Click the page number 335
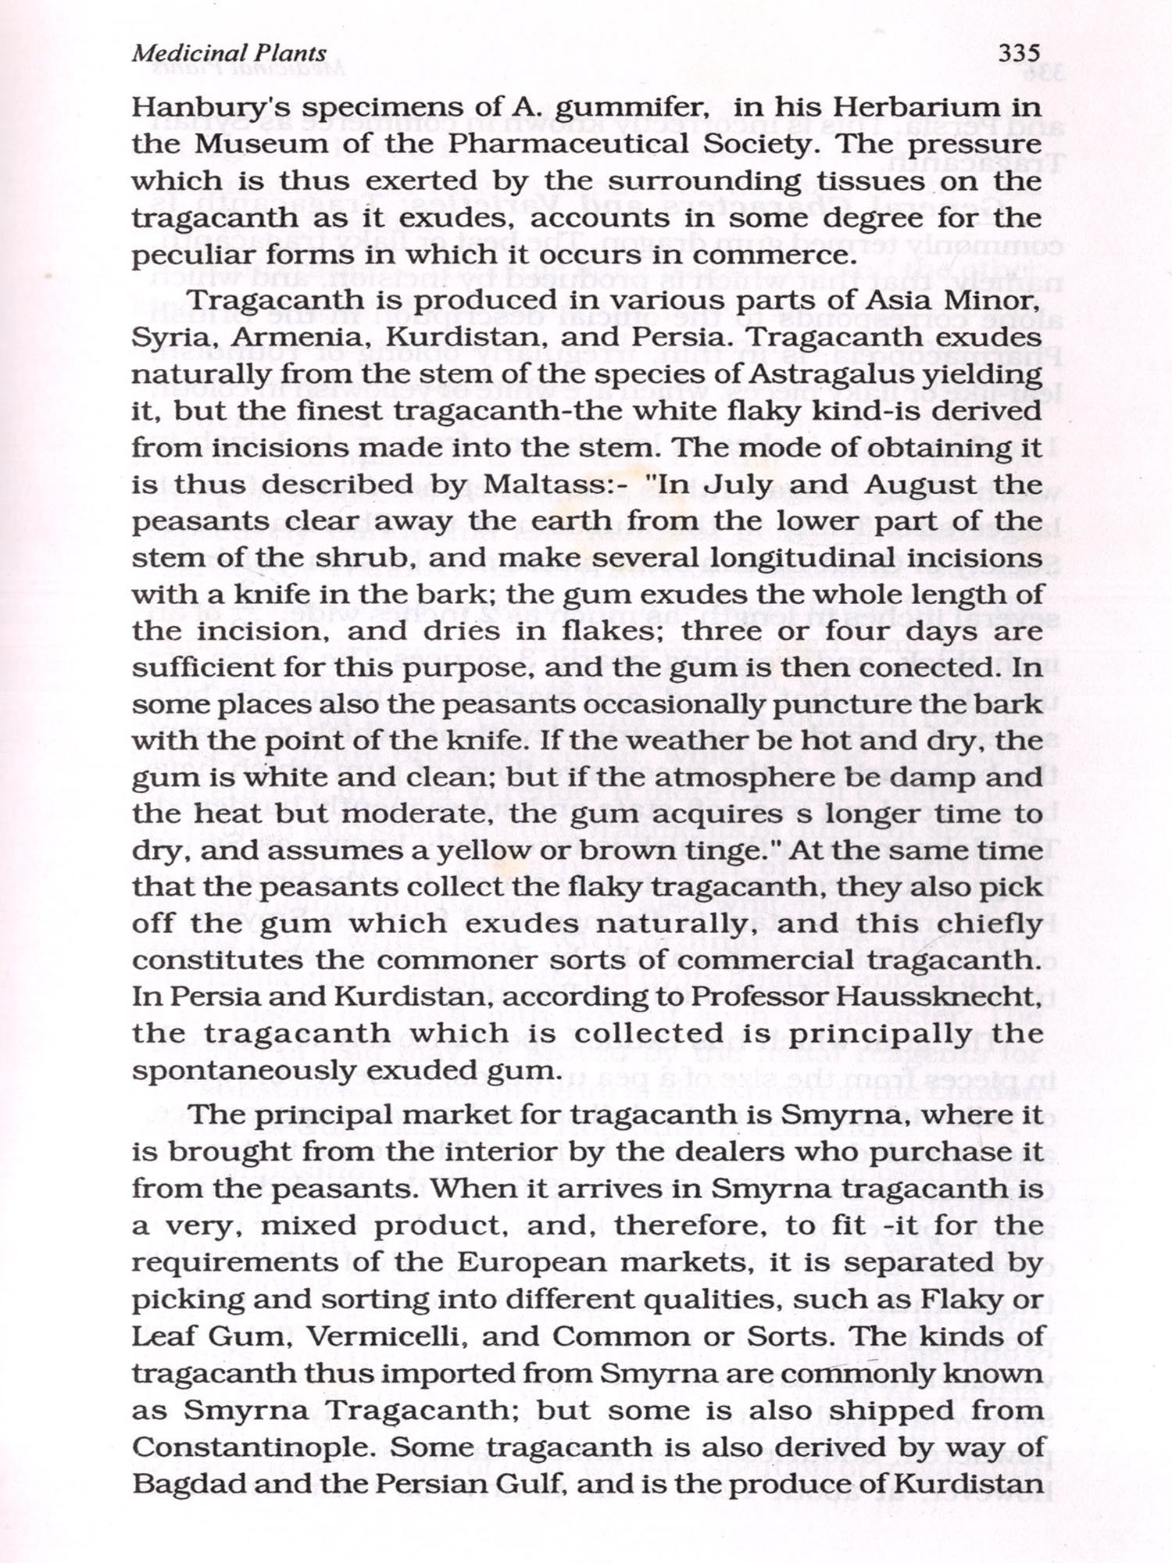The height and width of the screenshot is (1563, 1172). [1019, 53]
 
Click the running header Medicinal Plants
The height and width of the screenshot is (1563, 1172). [229, 53]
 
